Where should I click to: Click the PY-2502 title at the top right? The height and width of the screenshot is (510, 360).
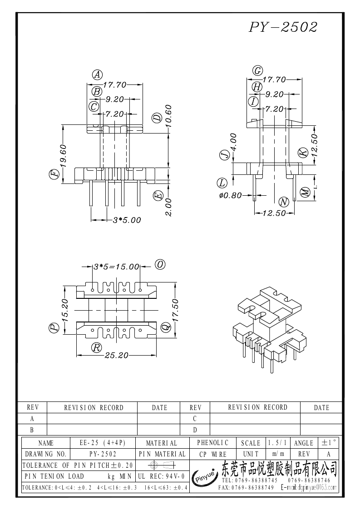[282, 27]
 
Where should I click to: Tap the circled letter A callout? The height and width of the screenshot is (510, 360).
[97, 75]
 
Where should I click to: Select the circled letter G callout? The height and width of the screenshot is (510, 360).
[258, 70]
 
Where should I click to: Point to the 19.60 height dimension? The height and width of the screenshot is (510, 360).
[63, 155]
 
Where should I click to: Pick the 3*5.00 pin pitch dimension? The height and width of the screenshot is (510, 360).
[127, 220]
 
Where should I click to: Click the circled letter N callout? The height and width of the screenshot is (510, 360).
[284, 202]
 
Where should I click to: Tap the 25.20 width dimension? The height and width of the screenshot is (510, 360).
[117, 355]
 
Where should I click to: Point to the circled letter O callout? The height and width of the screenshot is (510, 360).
[160, 264]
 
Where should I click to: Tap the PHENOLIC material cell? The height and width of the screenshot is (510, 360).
[212, 442]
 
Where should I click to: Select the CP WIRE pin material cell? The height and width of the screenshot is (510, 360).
[212, 454]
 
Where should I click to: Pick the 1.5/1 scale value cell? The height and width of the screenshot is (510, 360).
[277, 443]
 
